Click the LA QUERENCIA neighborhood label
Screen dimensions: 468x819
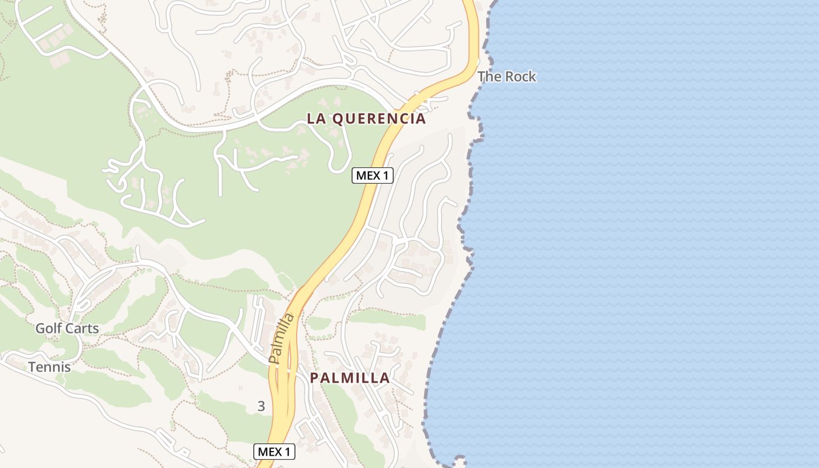366,119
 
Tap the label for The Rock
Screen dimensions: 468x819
507,77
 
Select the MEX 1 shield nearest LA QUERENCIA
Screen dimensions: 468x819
372,175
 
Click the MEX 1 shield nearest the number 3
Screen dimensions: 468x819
274,452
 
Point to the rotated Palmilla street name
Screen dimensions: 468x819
281,338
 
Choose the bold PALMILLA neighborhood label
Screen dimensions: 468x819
349,378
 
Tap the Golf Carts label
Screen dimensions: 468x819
67,328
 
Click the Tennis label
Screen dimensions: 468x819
50,367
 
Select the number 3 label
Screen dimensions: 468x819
261,406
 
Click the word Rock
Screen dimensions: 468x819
520,77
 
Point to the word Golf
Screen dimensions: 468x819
49,328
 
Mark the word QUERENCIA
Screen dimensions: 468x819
378,119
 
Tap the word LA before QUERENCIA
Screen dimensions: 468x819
316,119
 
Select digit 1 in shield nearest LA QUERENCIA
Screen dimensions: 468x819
386,175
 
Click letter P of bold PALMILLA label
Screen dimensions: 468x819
314,378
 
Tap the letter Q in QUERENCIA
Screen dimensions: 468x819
336,119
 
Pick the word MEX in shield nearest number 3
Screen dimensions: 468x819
269,452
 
